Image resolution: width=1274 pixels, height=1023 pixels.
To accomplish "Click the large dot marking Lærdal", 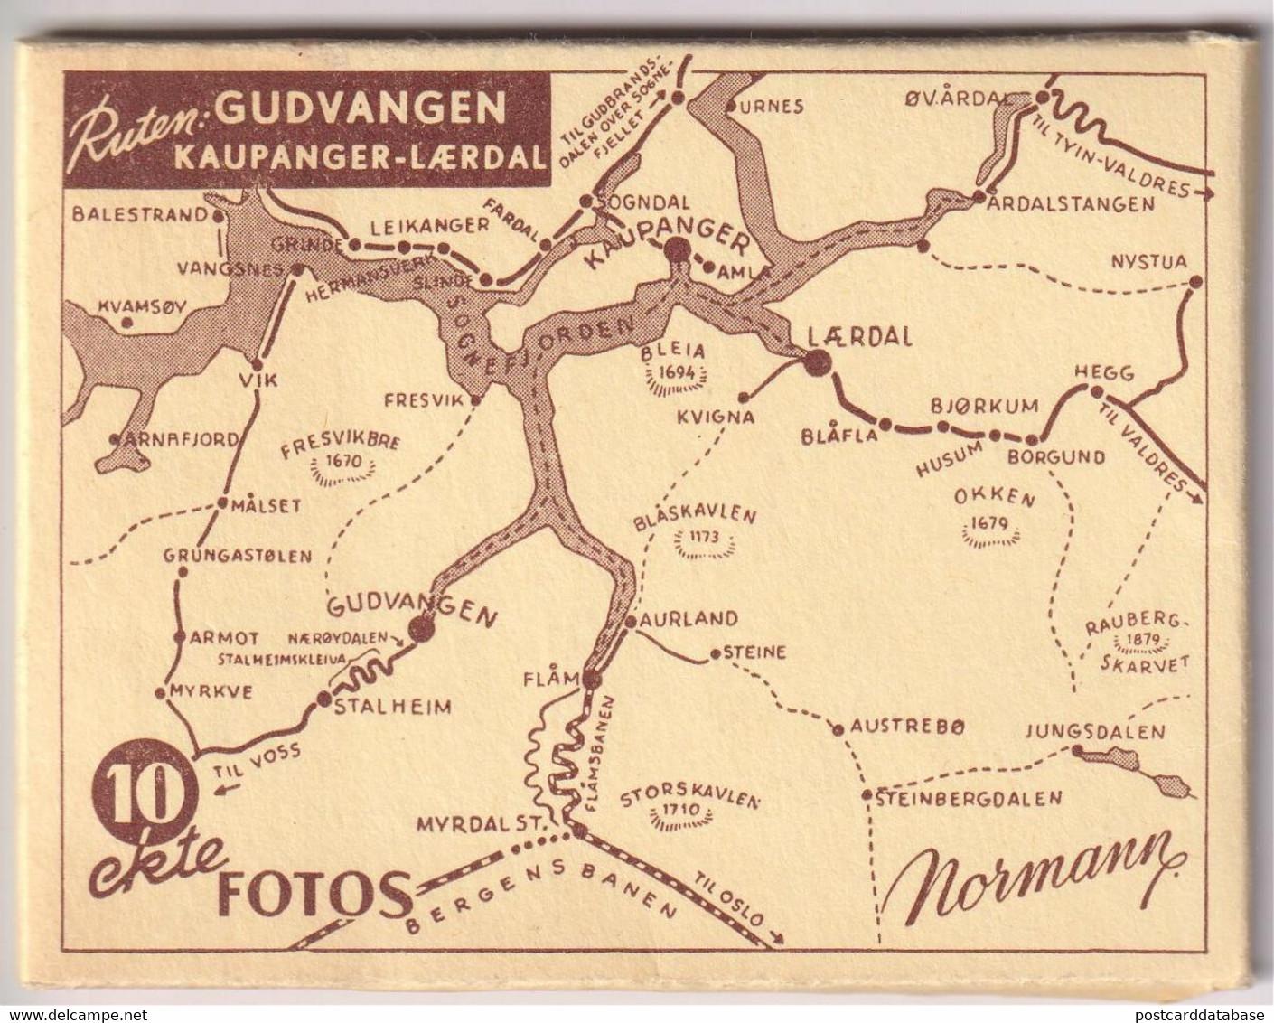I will coord(818,363).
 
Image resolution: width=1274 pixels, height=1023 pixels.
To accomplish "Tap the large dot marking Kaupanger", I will coord(677,249).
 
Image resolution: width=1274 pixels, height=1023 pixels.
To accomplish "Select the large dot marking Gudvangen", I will coord(420,630).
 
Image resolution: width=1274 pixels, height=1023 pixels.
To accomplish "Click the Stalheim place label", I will coord(392,708).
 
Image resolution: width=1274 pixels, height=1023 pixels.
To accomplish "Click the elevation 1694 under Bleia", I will coord(678,371).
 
